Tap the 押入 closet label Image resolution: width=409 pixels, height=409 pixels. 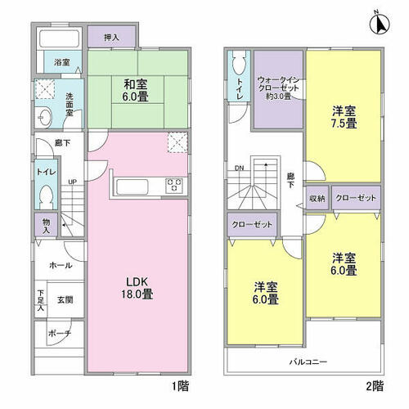pyautogui.click(x=111, y=38)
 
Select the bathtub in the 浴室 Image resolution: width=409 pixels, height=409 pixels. pyautogui.click(x=59, y=38)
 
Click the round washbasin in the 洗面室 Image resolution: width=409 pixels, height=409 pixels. pyautogui.click(x=43, y=118)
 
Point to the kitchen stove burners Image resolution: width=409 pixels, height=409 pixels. pyautogui.click(x=174, y=185)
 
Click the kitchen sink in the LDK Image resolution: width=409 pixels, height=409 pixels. pyautogui.click(x=133, y=187)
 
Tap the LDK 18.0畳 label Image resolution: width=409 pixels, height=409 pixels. pyautogui.click(x=137, y=288)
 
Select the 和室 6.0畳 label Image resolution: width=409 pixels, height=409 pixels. pyautogui.click(x=136, y=90)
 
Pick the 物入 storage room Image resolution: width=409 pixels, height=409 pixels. pyautogui.click(x=46, y=225)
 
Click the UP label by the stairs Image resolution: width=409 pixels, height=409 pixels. pyautogui.click(x=73, y=182)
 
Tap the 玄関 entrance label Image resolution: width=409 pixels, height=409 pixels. pyautogui.click(x=65, y=300)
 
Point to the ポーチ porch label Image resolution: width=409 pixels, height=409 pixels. pyautogui.click(x=60, y=333)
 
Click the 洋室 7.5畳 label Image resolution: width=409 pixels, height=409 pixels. pyautogui.click(x=344, y=118)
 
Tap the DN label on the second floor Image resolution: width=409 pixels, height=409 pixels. pyautogui.click(x=239, y=169)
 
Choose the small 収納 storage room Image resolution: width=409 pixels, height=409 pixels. pyautogui.click(x=317, y=198)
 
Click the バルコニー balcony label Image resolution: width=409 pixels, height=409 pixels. pyautogui.click(x=308, y=362)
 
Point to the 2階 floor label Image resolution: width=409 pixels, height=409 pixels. pyautogui.click(x=375, y=386)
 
